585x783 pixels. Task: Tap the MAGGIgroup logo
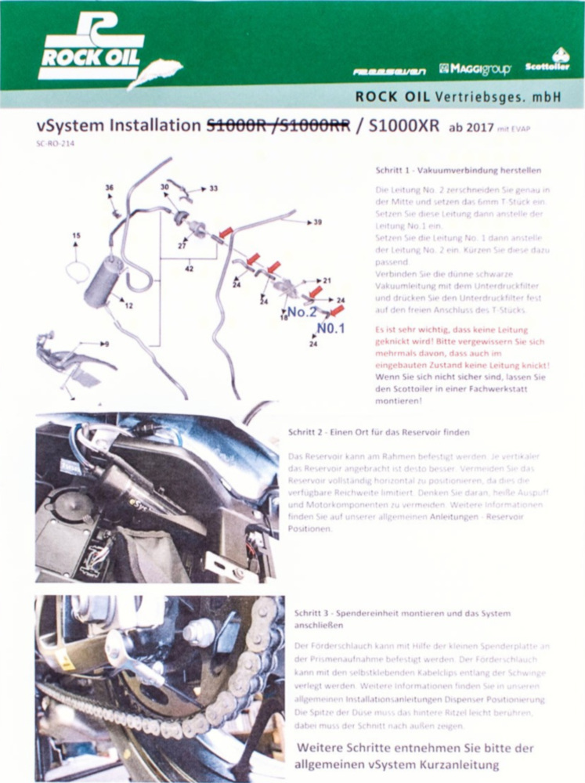pos(475,69)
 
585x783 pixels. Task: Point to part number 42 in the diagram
pos(189,269)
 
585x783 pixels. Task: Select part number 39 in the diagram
pos(317,222)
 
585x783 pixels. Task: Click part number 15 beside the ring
pos(76,236)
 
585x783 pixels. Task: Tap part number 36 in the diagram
pos(110,187)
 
